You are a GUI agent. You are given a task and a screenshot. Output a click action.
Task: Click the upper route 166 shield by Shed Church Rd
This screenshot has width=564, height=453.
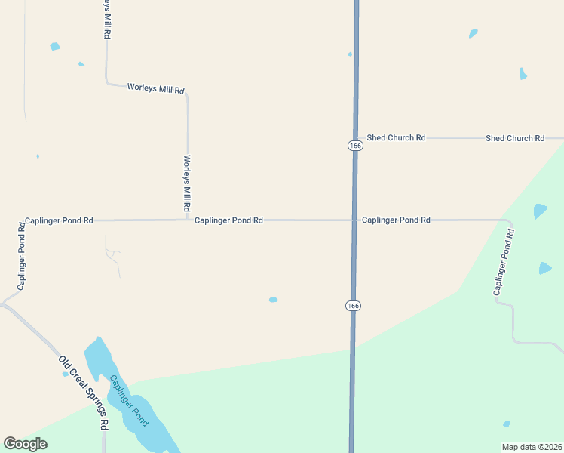point(356,145)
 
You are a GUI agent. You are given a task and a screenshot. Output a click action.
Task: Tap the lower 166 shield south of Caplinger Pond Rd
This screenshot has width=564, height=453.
point(353,305)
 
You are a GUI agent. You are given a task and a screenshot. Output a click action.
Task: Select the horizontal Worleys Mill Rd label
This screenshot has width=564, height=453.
point(156,89)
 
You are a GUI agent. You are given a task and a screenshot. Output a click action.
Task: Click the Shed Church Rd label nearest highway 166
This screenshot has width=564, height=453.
point(397,137)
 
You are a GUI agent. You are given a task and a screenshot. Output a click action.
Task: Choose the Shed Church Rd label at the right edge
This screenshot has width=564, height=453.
point(515,138)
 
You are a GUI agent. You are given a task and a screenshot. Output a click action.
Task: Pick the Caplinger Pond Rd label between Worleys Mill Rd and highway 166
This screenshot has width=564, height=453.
point(228,220)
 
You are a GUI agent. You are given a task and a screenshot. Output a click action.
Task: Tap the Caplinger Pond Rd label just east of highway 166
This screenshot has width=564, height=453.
point(396,220)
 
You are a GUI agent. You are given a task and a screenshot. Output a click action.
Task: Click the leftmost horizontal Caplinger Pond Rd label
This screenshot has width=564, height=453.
point(59,220)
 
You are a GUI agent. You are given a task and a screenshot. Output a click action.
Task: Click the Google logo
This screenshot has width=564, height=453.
point(25,444)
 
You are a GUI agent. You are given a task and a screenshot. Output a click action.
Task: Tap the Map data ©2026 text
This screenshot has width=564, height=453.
point(532,447)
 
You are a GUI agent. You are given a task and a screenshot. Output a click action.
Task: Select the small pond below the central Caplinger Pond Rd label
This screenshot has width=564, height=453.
point(273,300)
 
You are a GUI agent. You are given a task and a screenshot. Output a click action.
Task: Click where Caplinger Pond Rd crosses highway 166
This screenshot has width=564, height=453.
point(354,220)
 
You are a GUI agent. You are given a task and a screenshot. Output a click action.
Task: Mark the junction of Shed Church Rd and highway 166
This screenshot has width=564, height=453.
point(356,138)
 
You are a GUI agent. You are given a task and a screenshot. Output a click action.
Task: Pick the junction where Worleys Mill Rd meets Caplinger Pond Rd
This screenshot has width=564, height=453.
point(188,220)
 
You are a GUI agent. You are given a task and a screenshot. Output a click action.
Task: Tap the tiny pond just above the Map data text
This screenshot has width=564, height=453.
point(507,424)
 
